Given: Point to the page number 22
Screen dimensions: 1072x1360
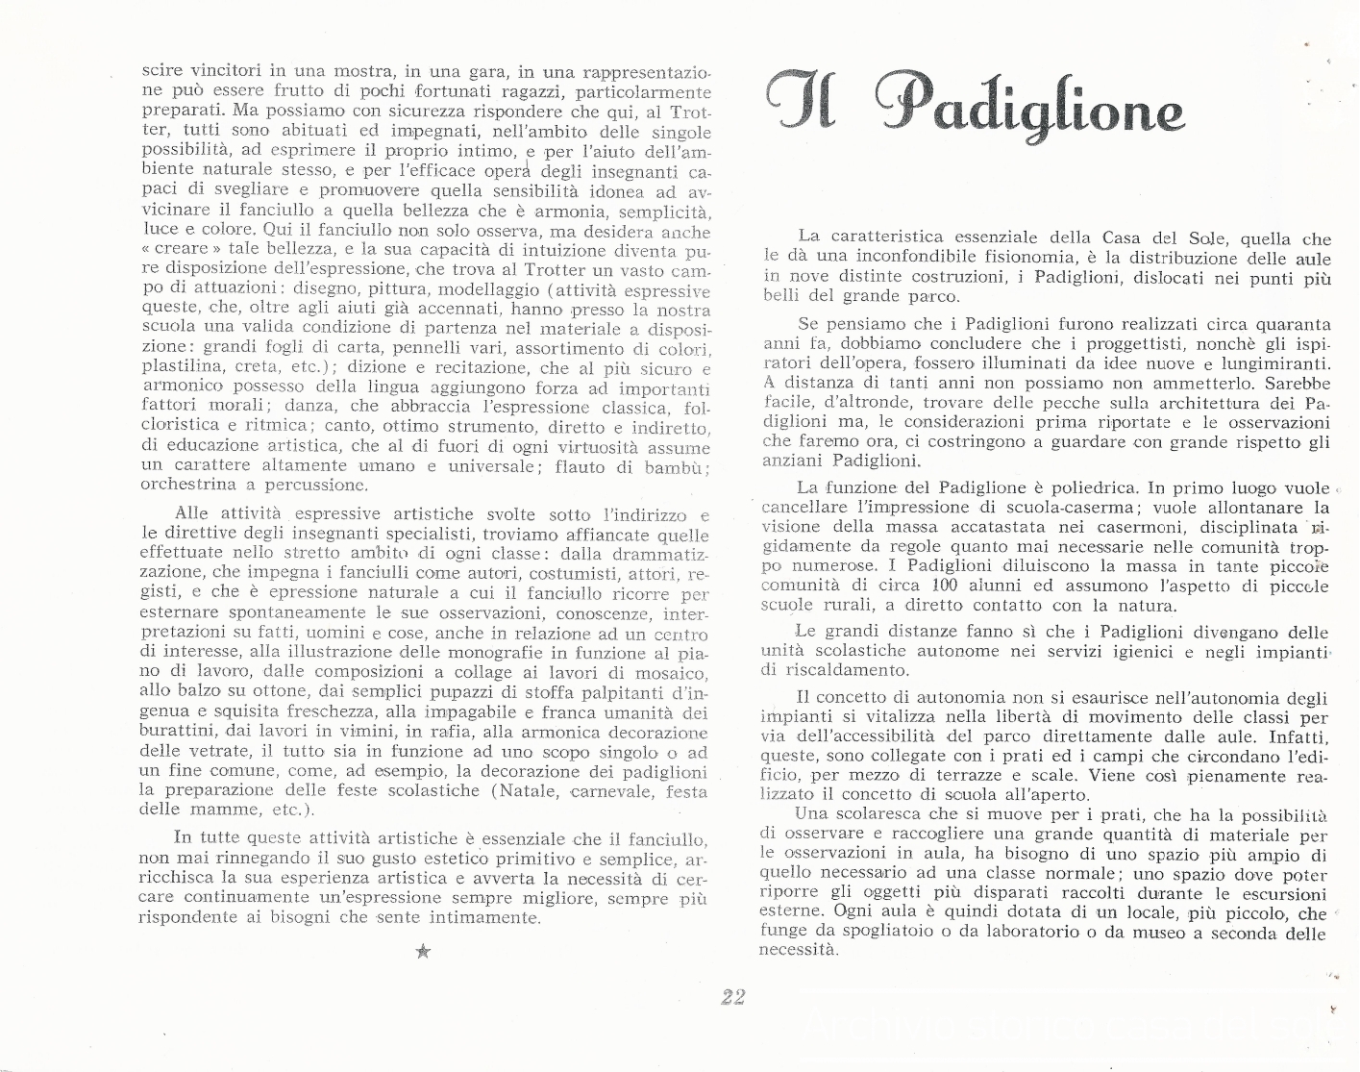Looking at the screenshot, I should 732,996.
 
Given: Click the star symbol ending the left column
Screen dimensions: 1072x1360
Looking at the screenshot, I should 423,952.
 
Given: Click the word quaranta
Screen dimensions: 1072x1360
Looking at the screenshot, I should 1289,325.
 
